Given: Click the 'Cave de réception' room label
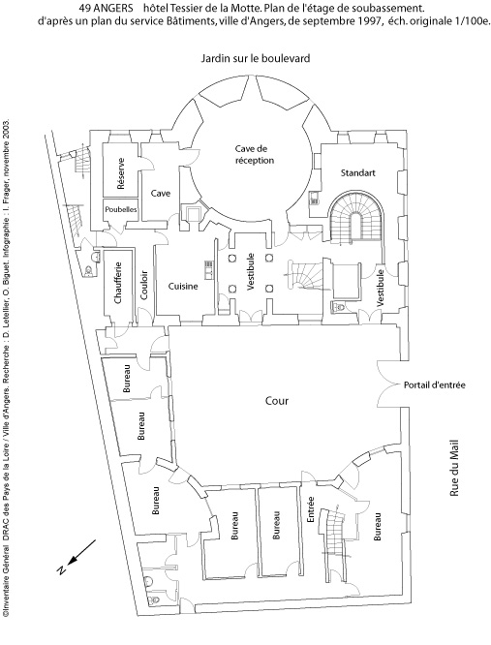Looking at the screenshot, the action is (255, 154).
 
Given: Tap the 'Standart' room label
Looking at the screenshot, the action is (357, 172).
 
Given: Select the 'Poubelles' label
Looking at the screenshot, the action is (120, 209).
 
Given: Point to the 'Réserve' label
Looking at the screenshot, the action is (120, 173).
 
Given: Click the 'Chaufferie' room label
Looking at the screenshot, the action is (118, 283).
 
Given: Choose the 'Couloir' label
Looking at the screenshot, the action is (143, 286).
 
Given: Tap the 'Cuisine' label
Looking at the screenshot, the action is (183, 287).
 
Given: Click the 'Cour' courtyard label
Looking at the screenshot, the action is (277, 401).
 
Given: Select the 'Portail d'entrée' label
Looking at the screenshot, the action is (434, 385).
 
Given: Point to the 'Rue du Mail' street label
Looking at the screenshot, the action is (454, 469).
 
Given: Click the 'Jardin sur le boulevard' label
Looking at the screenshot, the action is (256, 58).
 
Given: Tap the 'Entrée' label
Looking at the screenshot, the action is (311, 509).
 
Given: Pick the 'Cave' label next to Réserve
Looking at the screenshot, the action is (161, 193).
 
